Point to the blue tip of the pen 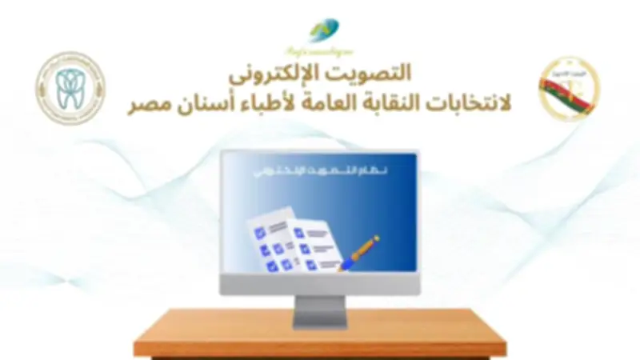coord(342,266)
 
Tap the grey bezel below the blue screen coord(319,285)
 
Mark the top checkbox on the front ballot coord(298,232)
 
